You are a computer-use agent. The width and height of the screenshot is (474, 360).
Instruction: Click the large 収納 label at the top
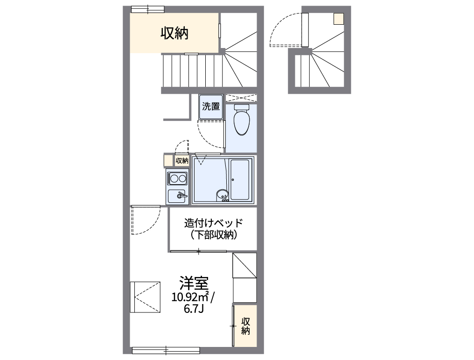click(x=174, y=33)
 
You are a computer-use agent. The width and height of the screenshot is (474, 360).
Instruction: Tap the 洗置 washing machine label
click(x=211, y=106)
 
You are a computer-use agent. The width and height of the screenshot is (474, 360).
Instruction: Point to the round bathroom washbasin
click(x=222, y=194)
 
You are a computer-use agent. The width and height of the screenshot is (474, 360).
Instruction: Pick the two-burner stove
click(x=178, y=178)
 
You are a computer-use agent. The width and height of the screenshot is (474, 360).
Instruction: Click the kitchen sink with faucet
click(x=178, y=196)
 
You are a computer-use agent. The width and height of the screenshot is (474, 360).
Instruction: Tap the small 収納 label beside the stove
click(x=182, y=161)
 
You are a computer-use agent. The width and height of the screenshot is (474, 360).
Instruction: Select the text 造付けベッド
click(x=214, y=223)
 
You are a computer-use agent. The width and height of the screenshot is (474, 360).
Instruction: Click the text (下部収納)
click(x=214, y=235)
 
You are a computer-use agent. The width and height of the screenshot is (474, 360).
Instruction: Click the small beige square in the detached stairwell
click(x=338, y=19)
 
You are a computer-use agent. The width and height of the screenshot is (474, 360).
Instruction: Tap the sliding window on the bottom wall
click(x=166, y=349)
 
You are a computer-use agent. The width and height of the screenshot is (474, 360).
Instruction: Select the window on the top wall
click(x=147, y=9)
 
